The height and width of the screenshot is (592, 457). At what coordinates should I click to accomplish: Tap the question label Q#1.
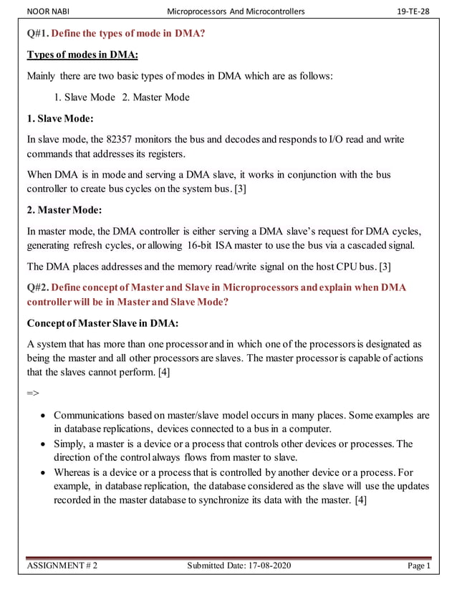[37, 33]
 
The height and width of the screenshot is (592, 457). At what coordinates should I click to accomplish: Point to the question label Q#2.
[37, 287]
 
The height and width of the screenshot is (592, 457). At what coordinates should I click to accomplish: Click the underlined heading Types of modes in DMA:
[82, 55]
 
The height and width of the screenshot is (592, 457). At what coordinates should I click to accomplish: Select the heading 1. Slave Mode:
[60, 118]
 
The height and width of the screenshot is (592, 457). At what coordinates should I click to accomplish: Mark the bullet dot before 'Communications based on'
[44, 416]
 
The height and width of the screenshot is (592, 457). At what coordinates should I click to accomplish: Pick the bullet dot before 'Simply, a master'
[44, 444]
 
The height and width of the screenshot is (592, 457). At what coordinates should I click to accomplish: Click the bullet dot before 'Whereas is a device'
[44, 473]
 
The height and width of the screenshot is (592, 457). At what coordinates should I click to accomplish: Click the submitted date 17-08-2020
[263, 566]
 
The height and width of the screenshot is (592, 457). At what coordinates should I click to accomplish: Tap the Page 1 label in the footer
[418, 566]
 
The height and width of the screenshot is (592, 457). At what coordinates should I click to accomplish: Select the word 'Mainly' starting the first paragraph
[42, 77]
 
